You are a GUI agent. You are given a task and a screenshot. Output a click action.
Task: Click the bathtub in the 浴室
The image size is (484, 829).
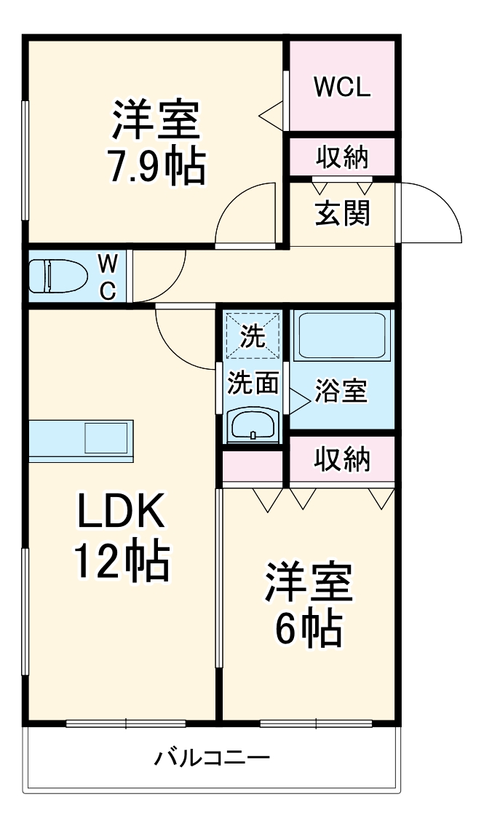[x=342, y=336]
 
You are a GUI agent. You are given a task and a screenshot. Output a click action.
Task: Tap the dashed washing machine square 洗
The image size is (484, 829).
[x=253, y=336]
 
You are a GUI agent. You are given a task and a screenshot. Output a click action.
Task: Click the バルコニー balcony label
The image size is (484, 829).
[x=212, y=759]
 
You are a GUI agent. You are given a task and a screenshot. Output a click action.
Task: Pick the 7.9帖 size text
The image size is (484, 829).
[x=155, y=167]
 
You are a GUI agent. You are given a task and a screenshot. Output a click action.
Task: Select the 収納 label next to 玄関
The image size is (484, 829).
[x=342, y=156]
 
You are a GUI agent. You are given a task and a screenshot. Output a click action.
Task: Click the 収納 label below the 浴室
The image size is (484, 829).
[x=342, y=459]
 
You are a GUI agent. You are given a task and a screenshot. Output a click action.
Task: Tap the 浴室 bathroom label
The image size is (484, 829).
[x=341, y=391]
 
